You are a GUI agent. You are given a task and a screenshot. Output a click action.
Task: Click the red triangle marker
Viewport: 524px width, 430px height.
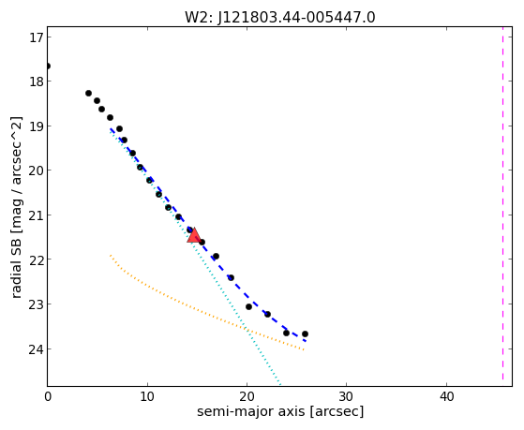tap(194, 235)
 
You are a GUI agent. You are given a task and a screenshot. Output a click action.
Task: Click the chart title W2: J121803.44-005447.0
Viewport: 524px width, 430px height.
tap(279, 17)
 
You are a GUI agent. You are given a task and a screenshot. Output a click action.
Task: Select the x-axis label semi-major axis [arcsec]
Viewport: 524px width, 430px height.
tap(280, 411)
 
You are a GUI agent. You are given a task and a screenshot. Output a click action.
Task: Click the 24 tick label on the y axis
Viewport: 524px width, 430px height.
tap(37, 349)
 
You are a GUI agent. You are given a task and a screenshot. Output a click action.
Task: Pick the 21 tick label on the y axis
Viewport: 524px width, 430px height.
tap(37, 215)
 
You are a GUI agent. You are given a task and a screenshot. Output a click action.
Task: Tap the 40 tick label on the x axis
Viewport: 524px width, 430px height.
tap(446, 396)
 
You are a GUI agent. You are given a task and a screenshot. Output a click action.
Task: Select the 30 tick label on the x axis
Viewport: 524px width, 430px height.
tap(347, 396)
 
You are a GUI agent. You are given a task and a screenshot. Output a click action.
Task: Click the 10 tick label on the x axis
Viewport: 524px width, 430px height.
tap(147, 396)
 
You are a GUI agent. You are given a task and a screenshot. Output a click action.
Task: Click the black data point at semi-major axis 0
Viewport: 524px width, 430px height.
tap(48, 66)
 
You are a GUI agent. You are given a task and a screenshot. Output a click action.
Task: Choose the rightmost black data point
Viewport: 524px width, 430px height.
tap(305, 334)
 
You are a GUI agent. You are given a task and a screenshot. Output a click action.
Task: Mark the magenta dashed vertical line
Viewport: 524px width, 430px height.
tap(502, 203)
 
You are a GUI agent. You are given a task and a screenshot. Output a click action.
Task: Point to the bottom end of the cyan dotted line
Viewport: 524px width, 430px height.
tap(280, 385)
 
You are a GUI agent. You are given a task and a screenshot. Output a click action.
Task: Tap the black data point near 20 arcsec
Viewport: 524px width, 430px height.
tap(248, 306)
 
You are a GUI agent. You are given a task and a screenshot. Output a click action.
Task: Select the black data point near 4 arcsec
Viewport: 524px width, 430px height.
tap(88, 93)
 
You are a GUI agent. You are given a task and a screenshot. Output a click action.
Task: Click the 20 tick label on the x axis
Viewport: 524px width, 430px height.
tap(247, 396)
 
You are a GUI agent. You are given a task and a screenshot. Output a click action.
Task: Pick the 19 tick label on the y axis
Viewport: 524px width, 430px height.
tap(37, 126)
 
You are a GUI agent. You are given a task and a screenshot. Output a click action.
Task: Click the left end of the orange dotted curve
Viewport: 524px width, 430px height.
tap(111, 255)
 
